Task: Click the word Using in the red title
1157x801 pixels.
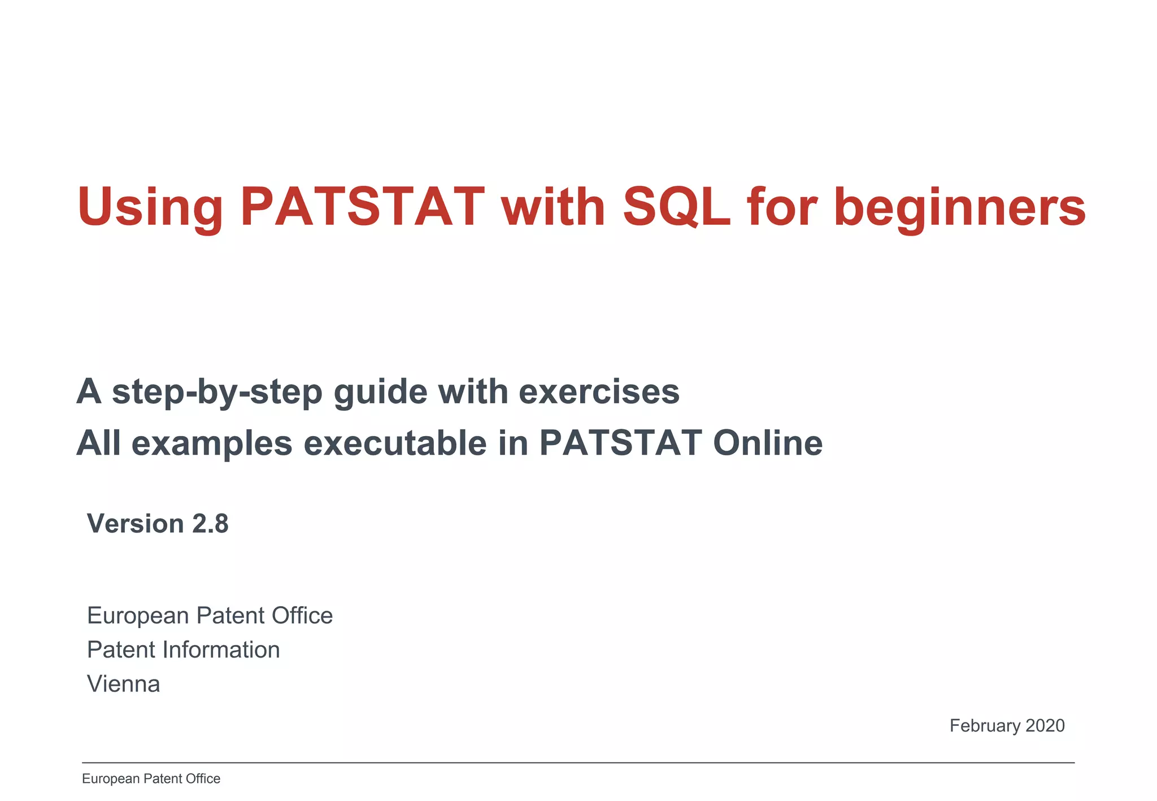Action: [x=150, y=207]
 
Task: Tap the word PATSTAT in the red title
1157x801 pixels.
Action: [x=362, y=207]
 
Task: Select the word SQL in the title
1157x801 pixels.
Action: [x=676, y=207]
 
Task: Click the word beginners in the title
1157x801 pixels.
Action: [x=959, y=207]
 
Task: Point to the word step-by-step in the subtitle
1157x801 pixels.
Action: [x=217, y=392]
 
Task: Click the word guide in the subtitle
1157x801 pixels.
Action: [x=380, y=392]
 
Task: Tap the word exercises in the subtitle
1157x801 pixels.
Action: [x=599, y=392]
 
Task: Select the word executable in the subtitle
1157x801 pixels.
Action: [x=395, y=443]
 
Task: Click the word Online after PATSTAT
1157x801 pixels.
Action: [x=767, y=443]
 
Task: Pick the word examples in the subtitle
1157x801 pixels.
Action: [x=212, y=443]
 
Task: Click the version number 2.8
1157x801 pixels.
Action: [x=210, y=524]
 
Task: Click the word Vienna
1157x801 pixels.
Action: [x=123, y=684]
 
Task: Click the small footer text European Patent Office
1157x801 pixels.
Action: [x=151, y=778]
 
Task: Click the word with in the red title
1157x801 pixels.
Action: [x=553, y=207]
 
